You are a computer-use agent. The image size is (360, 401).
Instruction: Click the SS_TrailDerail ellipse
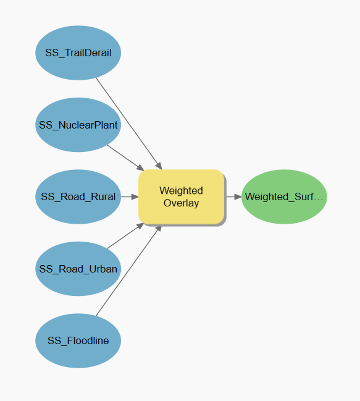[78, 53]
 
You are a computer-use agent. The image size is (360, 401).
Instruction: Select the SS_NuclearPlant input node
[78, 125]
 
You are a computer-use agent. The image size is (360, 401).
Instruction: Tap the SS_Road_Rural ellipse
[78, 196]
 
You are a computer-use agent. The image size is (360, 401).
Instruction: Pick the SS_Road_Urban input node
[78, 269]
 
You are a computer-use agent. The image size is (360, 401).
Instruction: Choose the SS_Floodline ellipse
[78, 340]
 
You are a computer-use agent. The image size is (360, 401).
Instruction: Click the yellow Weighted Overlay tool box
[182, 196]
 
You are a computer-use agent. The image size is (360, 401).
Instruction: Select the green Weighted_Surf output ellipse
[284, 196]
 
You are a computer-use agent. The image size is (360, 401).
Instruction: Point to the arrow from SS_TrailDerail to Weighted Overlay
[129, 124]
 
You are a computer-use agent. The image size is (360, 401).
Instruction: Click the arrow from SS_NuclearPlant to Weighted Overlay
[125, 158]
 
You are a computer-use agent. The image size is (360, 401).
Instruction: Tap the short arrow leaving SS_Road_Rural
[130, 196]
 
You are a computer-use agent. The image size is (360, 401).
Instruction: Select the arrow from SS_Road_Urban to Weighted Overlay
[125, 235]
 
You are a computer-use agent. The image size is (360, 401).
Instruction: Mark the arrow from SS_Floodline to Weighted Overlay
[129, 271]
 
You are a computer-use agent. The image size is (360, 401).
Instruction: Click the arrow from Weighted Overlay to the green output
[234, 196]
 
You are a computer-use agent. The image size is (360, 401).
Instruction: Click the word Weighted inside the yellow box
[181, 191]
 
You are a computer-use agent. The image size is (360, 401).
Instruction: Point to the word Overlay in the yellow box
[181, 203]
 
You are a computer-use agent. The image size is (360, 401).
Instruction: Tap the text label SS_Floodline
[78, 340]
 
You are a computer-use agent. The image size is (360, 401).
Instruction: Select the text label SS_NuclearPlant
[78, 125]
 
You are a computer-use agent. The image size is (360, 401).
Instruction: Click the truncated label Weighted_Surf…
[284, 196]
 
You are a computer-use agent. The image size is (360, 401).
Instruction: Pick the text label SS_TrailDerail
[78, 53]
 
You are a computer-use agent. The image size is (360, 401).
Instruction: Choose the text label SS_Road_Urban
[78, 269]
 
